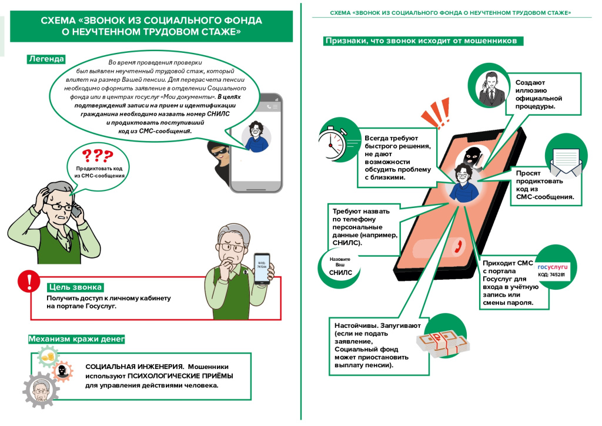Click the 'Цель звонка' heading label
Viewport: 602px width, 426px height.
click(x=75, y=287)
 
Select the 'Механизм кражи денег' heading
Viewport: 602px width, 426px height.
click(x=76, y=339)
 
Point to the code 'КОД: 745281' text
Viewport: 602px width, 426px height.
click(x=551, y=275)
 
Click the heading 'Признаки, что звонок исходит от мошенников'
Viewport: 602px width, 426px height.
click(x=420, y=41)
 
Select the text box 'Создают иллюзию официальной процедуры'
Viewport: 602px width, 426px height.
click(x=539, y=95)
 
